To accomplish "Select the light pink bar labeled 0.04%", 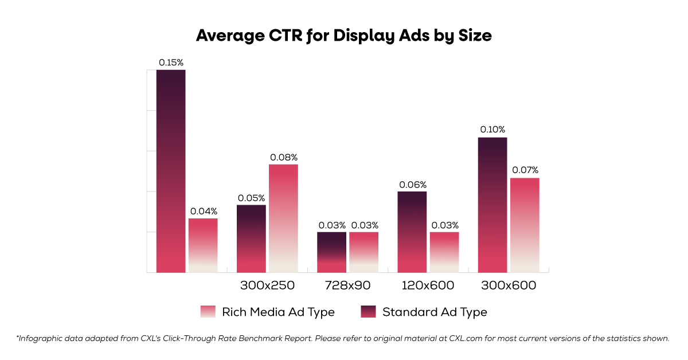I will coord(203,245).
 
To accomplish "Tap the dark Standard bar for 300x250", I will coord(251,238).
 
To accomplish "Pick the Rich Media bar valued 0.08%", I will coord(283,218).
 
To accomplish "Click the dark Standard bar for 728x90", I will coord(331,252).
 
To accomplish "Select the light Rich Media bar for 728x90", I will coord(363,252).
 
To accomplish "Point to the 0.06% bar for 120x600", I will coord(412,232).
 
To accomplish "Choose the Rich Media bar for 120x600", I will coord(444,252).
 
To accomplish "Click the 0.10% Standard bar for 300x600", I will coord(492,205).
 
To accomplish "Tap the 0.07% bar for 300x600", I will coord(525,225).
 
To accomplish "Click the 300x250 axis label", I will coord(267,285).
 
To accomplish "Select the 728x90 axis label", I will coord(347,285).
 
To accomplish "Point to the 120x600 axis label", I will coord(428,285).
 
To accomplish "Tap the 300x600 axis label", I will coord(509,285).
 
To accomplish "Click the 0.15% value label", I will coord(171,62).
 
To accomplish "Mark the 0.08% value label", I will coord(283,157).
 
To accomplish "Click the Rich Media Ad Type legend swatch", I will coord(208,312).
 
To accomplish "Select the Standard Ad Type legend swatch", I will coord(368,312).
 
